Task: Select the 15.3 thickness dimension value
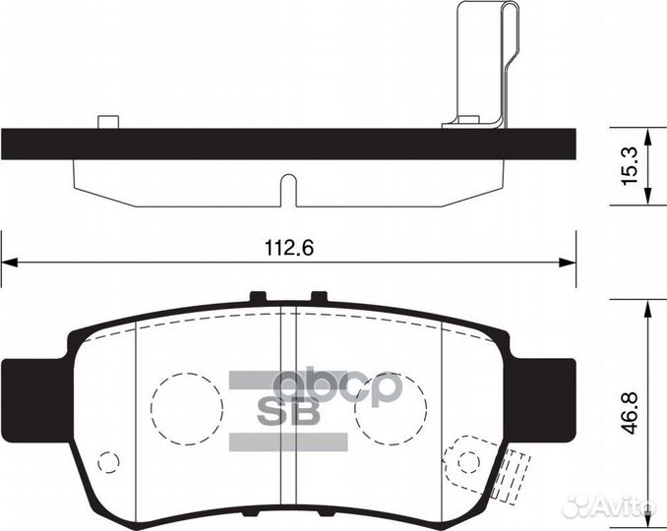[635, 168]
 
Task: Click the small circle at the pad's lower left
[109, 461]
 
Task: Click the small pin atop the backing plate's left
[108, 123]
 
